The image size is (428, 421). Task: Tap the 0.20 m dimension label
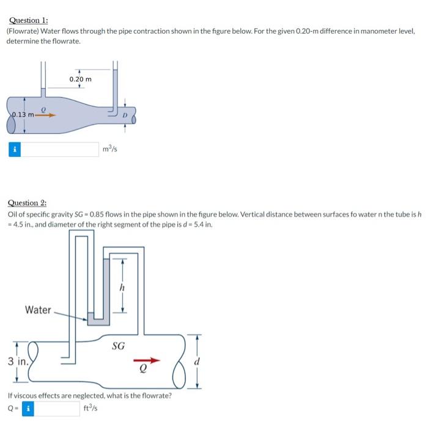pos(80,79)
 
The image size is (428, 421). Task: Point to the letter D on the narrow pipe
pos(125,115)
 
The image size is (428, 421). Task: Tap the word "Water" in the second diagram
pos(38,310)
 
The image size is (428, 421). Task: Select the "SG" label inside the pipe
pos(119,346)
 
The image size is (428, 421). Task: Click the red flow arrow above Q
pos(150,361)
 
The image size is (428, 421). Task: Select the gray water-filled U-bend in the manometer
pos(97,317)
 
